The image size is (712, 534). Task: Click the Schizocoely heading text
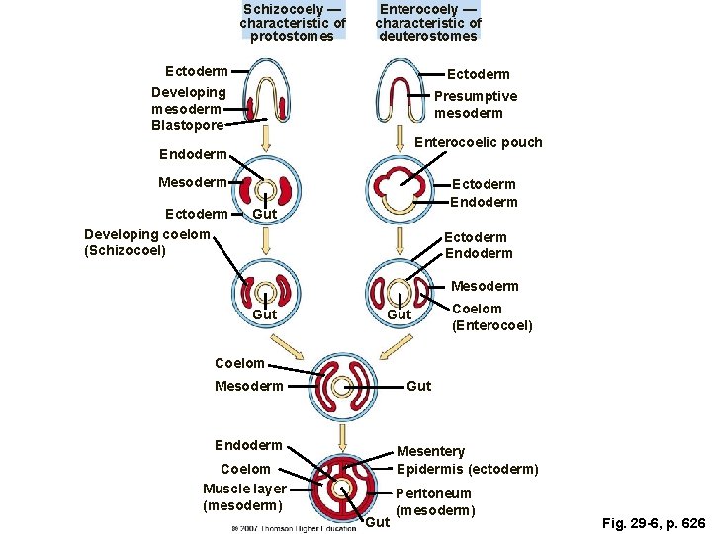[x=293, y=22]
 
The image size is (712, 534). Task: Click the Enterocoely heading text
[x=428, y=22]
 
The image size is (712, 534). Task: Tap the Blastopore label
[x=188, y=125]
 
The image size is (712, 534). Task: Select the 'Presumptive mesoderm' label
[x=475, y=104]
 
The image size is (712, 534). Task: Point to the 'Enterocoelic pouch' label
[x=479, y=142]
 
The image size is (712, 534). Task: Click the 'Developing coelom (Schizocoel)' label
[x=148, y=242]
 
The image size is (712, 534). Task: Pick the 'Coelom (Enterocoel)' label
[x=491, y=317]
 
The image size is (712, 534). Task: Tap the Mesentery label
[x=430, y=452]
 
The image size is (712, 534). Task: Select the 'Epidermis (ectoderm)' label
[x=467, y=469]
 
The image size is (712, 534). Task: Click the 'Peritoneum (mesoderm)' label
[x=434, y=501]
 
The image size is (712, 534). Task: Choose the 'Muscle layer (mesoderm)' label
[x=244, y=497]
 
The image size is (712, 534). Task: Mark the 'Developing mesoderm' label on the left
[x=188, y=100]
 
